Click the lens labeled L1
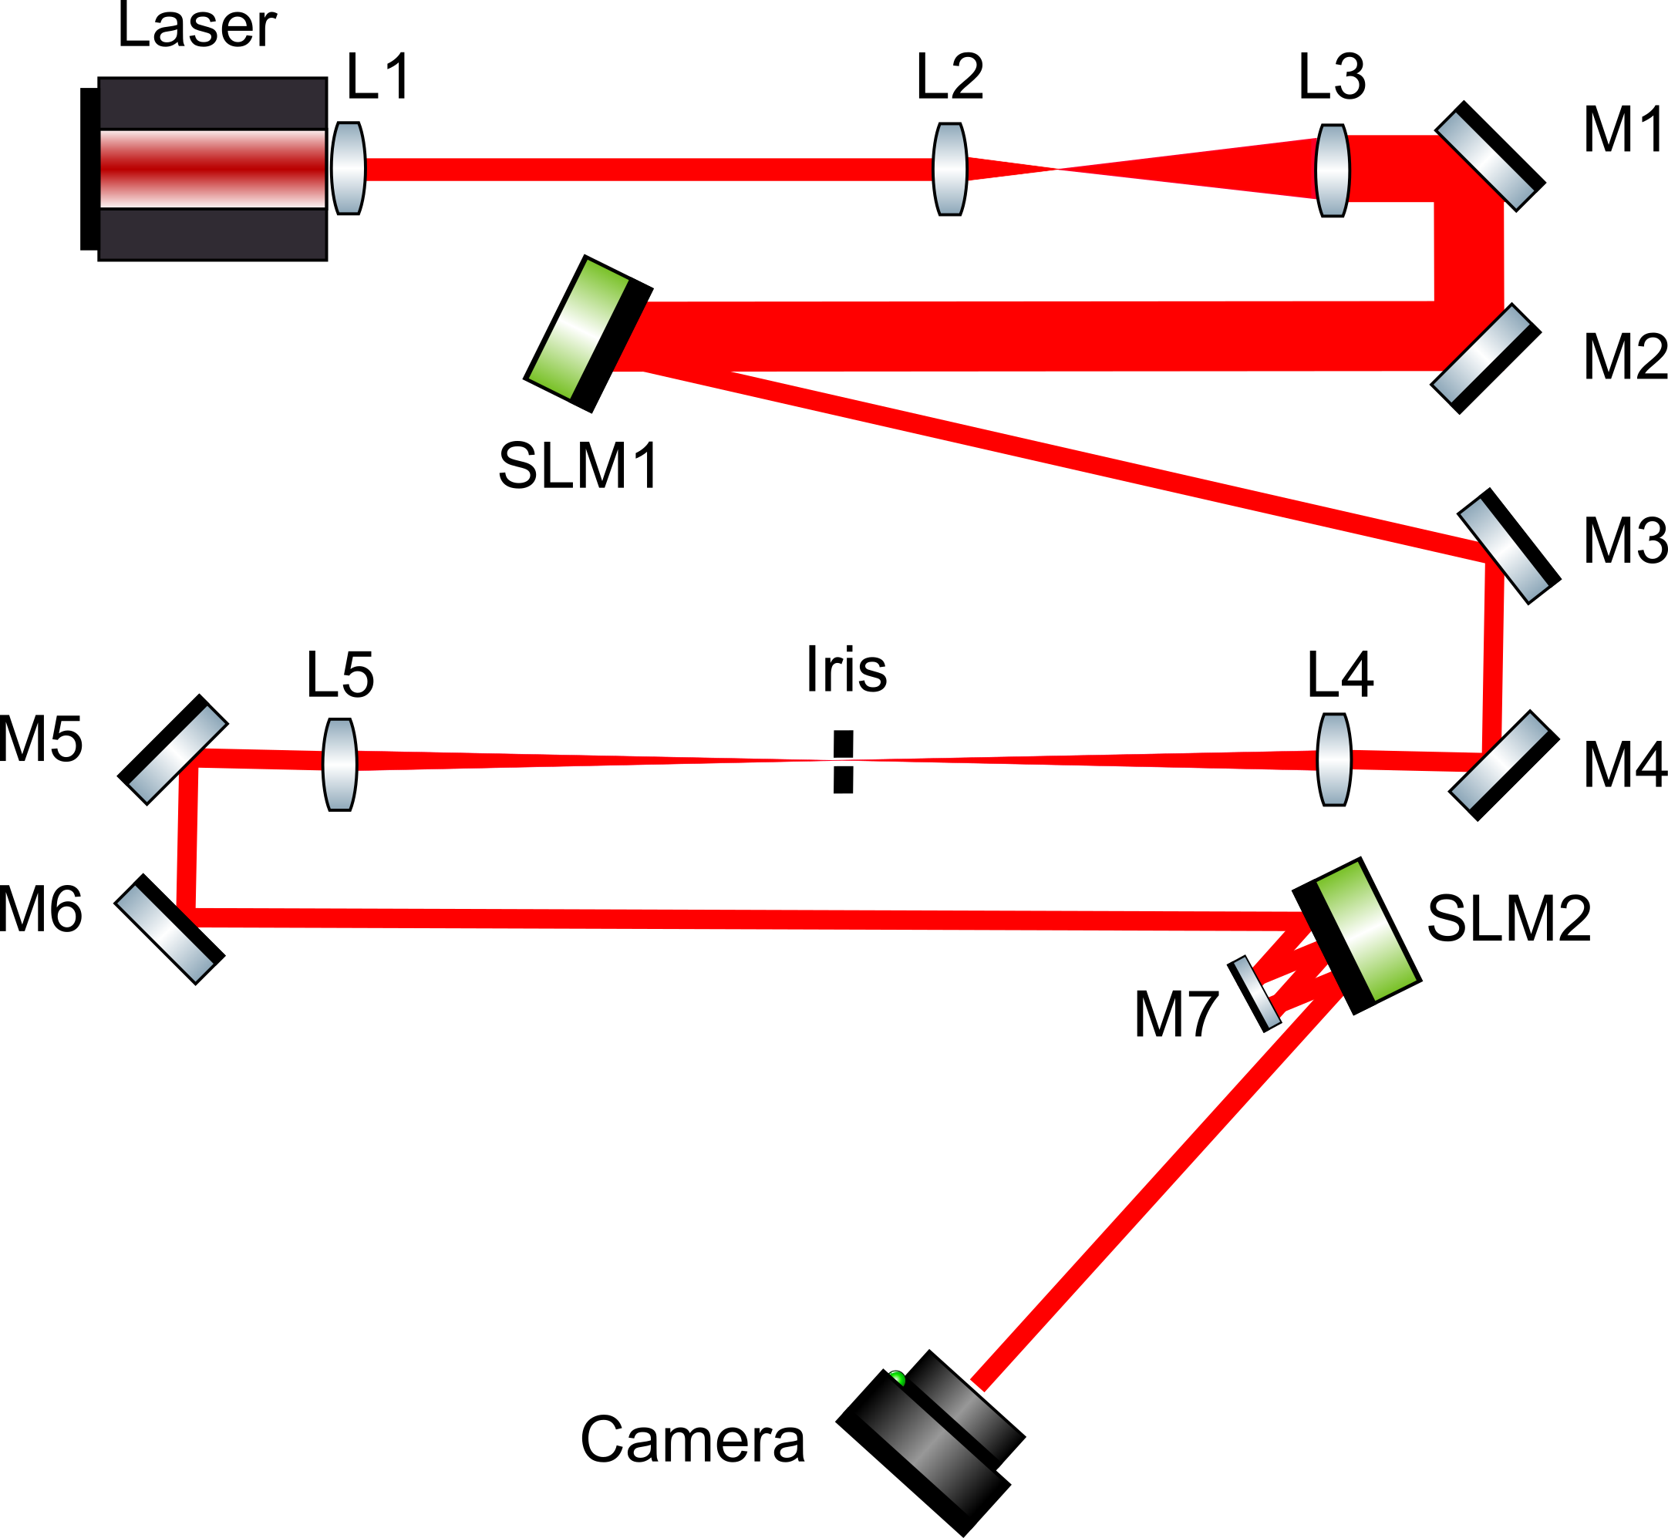coord(348,168)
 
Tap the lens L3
coord(1333,170)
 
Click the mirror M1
coord(1490,156)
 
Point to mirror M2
coord(1486,358)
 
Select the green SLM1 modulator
coord(588,333)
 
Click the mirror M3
coord(1508,546)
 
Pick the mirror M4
coord(1503,765)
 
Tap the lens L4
coord(1333,759)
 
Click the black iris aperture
coord(843,762)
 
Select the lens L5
coord(339,764)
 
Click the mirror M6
coord(169,929)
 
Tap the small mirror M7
coord(1255,994)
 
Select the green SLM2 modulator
coord(1356,935)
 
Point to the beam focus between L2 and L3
coord(1057,170)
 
